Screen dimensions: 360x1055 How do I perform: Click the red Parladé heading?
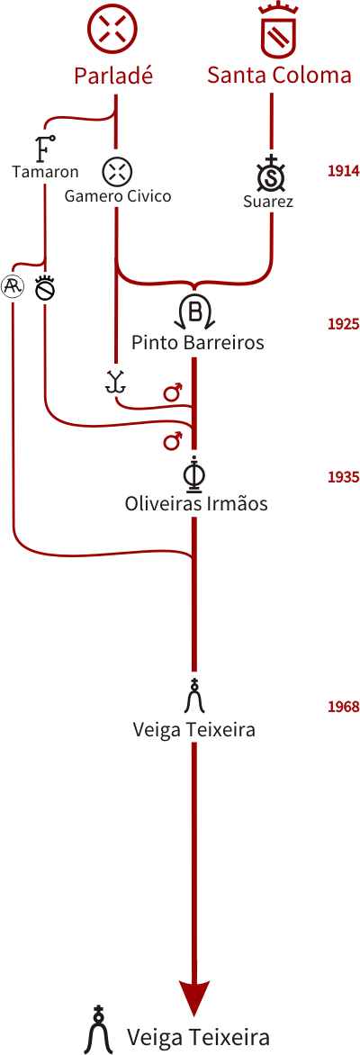pos(113,75)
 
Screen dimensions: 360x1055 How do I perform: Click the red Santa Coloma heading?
pos(279,75)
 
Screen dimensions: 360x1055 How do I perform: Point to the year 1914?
pos(343,171)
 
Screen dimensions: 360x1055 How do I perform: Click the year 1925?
pos(343,324)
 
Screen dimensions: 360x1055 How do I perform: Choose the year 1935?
pos(343,477)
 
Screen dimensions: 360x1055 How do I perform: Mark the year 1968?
pos(343,708)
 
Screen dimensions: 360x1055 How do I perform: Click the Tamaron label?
pos(45,172)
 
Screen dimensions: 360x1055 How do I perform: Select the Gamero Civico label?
pos(118,196)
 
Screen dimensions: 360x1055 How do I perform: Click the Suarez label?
pos(268,201)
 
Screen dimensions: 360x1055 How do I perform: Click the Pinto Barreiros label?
pos(198,343)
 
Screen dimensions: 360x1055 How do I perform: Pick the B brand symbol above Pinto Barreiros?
pos(195,311)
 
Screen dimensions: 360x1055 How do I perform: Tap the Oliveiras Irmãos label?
pos(196,503)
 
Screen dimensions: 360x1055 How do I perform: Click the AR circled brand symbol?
pos(13,287)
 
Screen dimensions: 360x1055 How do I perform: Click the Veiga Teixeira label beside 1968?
pos(194,729)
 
